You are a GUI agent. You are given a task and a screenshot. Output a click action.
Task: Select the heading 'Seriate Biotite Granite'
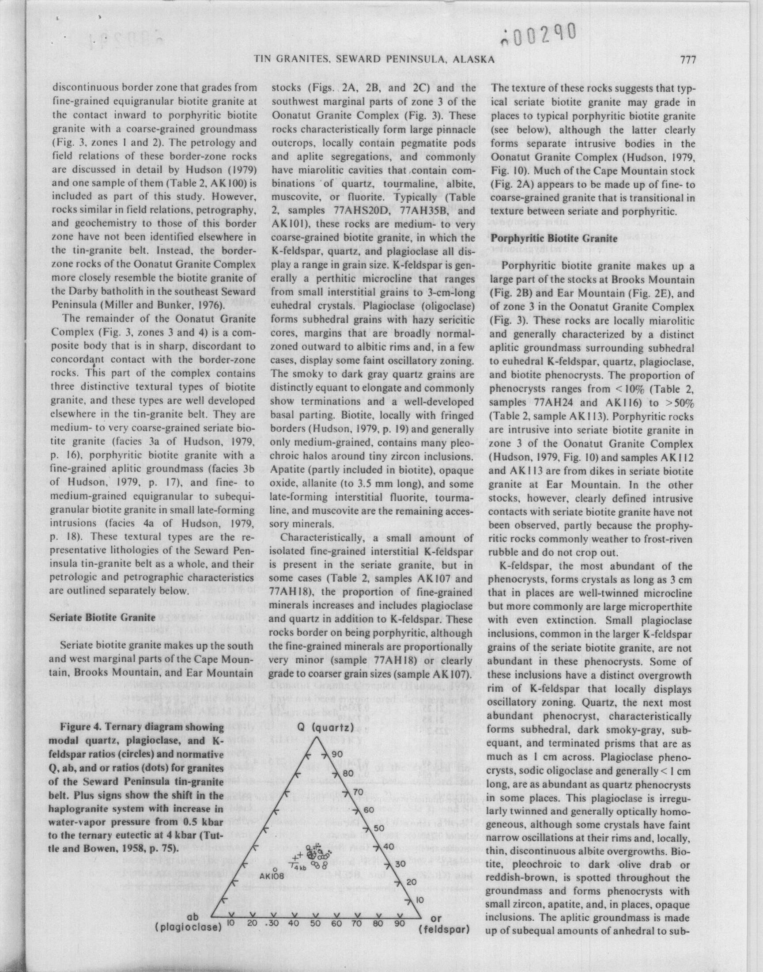tap(102, 618)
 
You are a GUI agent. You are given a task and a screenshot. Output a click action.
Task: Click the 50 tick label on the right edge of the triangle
tap(379, 828)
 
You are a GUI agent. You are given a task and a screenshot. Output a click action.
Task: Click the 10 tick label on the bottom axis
tap(231, 923)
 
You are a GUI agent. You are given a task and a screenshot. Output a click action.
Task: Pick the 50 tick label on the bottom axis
tap(316, 923)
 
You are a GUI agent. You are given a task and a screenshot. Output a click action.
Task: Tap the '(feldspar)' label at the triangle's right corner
tap(445, 930)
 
